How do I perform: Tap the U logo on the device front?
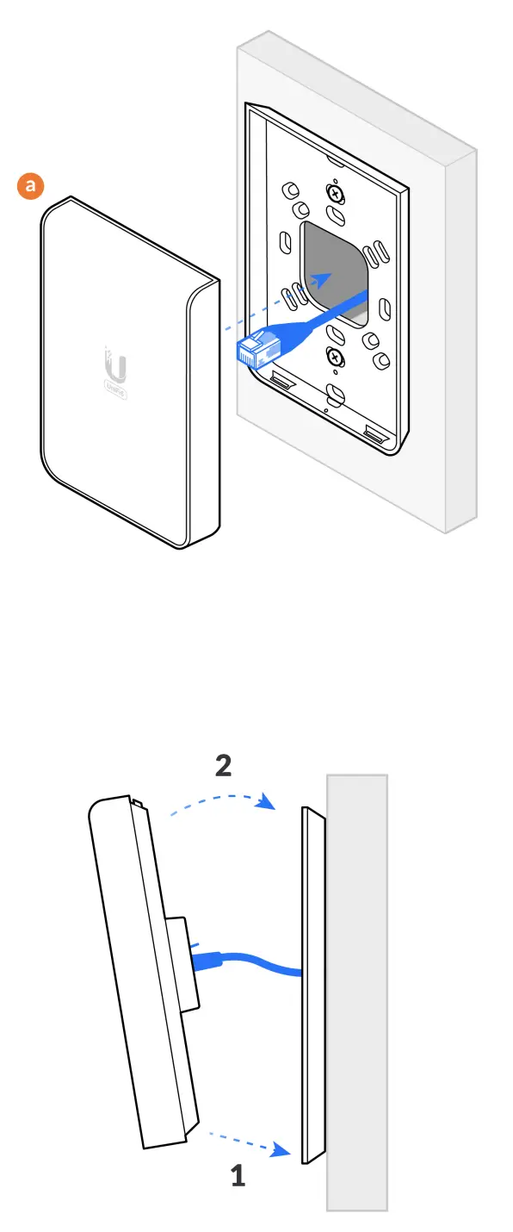click(x=116, y=364)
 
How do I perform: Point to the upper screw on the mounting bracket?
click(x=334, y=192)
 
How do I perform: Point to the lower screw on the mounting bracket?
click(x=334, y=356)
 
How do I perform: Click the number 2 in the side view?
click(x=223, y=766)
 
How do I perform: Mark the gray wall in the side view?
click(x=357, y=991)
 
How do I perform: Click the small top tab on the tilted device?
click(x=138, y=803)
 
